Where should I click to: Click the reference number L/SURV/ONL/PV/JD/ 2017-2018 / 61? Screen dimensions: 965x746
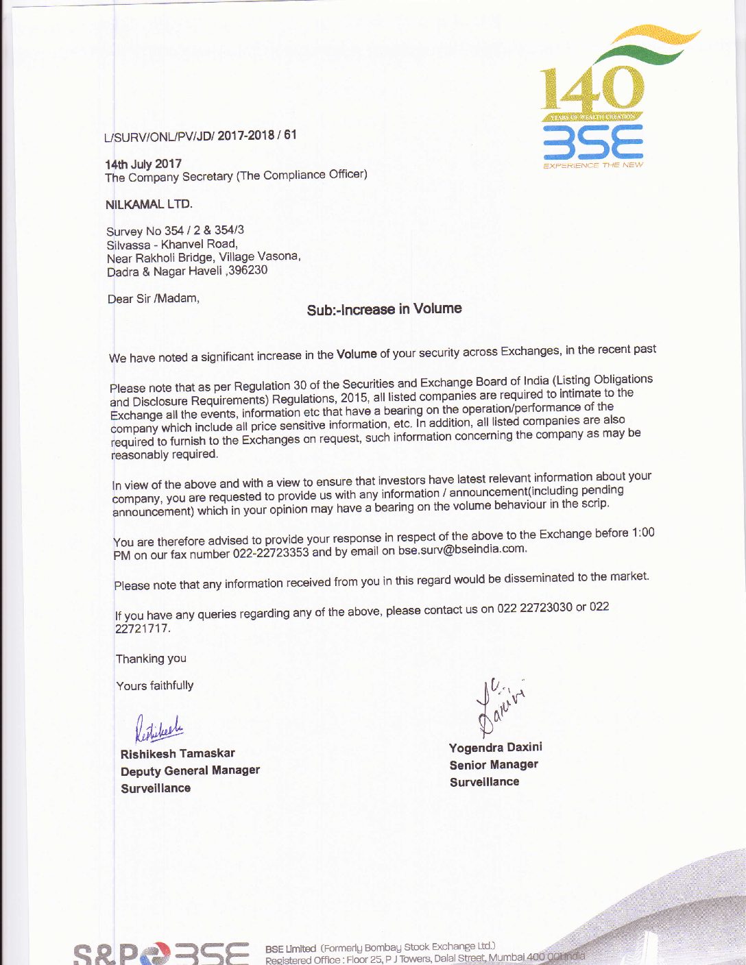coord(200,136)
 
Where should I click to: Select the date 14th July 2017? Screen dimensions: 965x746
coord(143,164)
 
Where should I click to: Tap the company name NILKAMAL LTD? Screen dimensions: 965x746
coord(149,204)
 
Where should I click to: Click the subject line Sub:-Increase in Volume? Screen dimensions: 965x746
coord(384,309)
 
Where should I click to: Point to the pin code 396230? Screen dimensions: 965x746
coord(248,270)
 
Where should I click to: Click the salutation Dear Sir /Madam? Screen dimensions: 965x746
coord(154,299)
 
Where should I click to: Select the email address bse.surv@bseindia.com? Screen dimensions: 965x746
coord(462,549)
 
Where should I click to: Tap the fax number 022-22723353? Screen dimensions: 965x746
coord(271,553)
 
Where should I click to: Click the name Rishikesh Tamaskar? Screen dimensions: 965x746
coord(178,754)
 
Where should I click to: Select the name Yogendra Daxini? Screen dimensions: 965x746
coord(495,747)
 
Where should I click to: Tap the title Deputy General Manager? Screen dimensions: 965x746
coord(190,771)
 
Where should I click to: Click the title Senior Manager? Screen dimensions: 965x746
coord(494,765)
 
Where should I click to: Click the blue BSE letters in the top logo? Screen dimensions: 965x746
coord(593,144)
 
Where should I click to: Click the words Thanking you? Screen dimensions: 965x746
coord(151,659)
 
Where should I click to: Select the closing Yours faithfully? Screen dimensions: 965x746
coord(155,685)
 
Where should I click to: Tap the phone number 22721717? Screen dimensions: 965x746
coord(143,628)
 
